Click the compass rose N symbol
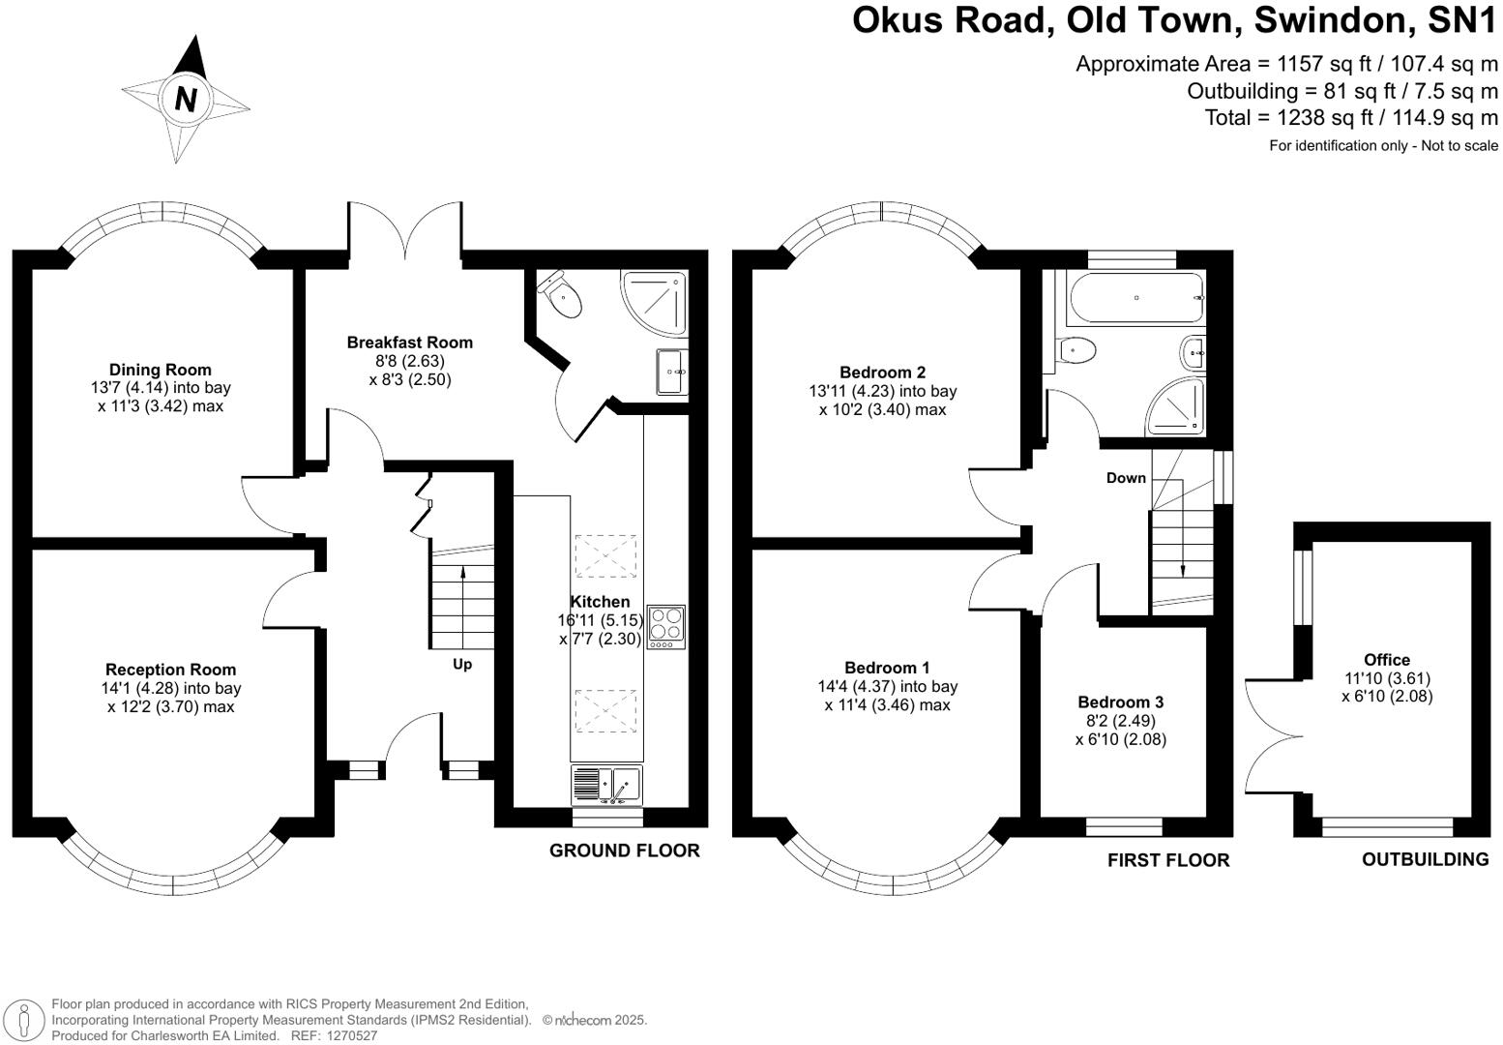186,100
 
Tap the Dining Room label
160,370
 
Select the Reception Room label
170,670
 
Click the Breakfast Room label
409,342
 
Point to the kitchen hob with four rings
665,626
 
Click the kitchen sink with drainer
606,785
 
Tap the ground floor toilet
563,295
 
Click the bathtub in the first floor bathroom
1135,298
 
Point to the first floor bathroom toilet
1076,349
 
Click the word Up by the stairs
462,665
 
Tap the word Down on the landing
1126,478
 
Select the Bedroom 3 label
1120,702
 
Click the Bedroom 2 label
882,373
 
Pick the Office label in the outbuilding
1387,660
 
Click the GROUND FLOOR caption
624,851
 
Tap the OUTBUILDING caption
1425,859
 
